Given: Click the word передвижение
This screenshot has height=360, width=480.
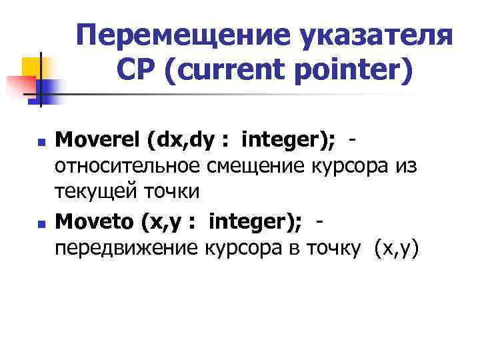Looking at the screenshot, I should (127, 248).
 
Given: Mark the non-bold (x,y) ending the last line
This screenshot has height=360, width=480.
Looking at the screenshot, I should (398, 248).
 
